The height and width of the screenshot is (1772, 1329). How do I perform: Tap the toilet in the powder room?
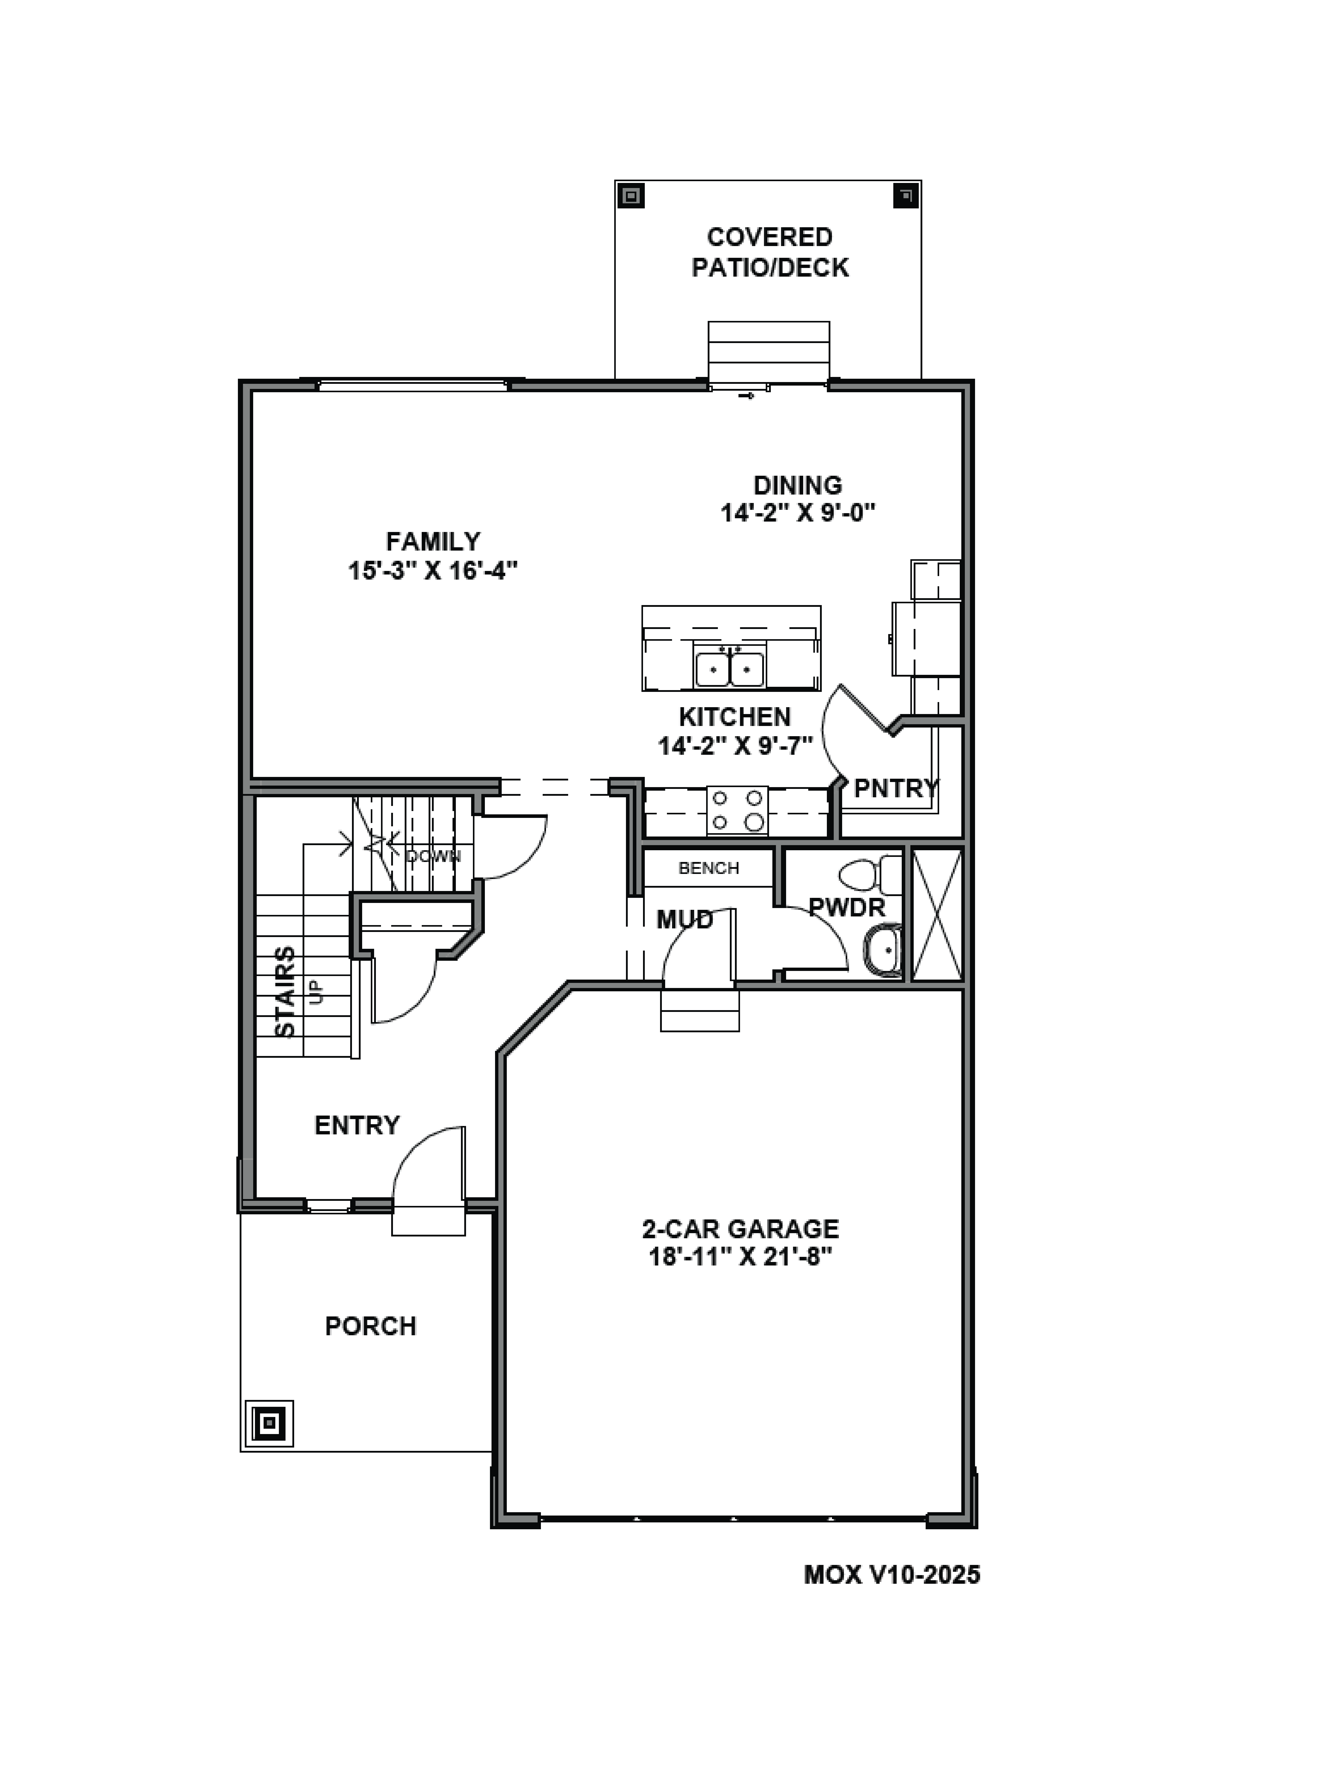(873, 875)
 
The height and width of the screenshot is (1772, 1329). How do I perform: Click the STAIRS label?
(285, 992)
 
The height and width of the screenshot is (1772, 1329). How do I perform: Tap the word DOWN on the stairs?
(433, 856)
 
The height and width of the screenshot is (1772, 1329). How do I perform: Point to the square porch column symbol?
(269, 1424)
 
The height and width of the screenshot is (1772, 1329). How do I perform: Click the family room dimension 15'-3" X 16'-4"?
(433, 571)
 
